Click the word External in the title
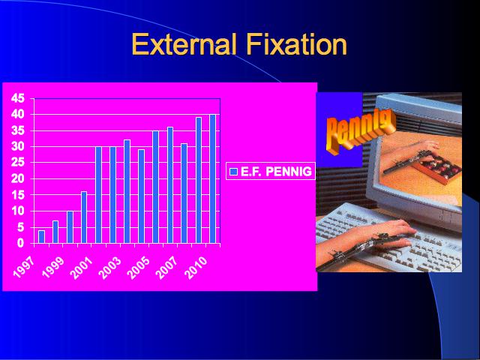click(184, 44)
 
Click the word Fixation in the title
click(297, 44)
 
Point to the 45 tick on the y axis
click(17, 98)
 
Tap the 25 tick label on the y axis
click(17, 163)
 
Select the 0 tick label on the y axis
click(20, 243)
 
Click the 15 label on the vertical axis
click(17, 195)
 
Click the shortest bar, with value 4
click(42, 237)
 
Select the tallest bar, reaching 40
click(212, 179)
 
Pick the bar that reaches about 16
click(84, 217)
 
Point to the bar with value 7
click(55, 232)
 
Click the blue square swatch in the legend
click(233, 172)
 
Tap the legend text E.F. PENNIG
click(276, 172)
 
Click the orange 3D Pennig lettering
click(359, 130)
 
